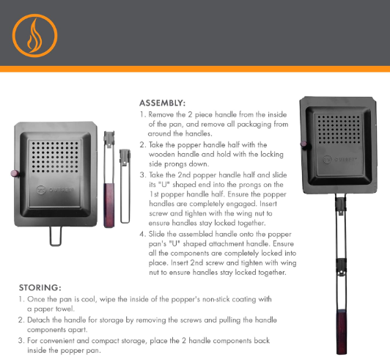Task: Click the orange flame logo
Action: coord(35,36)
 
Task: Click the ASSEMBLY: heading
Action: coord(163,103)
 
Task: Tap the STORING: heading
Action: coord(40,287)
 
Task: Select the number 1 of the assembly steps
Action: coord(142,114)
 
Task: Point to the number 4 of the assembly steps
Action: coord(142,234)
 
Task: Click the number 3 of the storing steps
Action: coord(21,340)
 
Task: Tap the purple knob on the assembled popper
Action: coord(304,144)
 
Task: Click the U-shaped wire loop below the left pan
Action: coord(56,236)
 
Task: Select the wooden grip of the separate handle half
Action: coord(109,205)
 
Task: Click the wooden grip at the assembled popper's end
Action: coord(342,332)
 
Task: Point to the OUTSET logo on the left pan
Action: coord(55,190)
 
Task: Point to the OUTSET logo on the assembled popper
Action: coord(339,159)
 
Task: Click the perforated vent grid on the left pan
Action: coord(55,156)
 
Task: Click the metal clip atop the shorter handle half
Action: coord(125,156)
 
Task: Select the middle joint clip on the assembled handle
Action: coord(342,267)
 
